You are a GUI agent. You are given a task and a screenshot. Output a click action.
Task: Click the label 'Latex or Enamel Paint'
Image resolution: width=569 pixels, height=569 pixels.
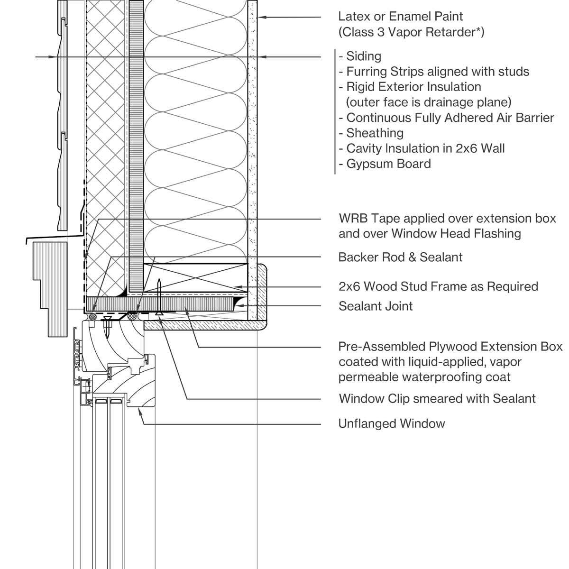[401, 17]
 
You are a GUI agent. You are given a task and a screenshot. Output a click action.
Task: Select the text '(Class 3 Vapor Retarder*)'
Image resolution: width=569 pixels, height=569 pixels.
[411, 32]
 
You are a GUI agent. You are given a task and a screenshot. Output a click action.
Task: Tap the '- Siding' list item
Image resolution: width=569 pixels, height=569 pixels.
[360, 56]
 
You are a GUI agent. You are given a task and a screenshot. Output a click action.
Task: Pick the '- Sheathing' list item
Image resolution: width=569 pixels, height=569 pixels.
[372, 133]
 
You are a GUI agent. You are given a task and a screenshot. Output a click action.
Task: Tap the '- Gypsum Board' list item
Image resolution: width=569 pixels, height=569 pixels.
[385, 164]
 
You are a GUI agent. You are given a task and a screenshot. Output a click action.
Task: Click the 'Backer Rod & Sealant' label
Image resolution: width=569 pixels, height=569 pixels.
[400, 257]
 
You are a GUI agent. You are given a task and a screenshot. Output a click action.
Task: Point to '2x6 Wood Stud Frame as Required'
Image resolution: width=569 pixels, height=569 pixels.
[438, 287]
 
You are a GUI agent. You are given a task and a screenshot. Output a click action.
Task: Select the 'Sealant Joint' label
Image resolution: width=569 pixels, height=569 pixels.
[376, 306]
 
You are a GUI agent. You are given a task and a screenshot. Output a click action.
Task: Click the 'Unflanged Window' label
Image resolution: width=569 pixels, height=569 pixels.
[392, 424]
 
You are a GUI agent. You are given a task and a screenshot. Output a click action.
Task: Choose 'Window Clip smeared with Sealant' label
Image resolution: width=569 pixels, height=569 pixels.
[437, 399]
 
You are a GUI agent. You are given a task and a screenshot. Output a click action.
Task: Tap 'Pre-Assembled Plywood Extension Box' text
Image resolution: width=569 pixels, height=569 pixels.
[450, 347]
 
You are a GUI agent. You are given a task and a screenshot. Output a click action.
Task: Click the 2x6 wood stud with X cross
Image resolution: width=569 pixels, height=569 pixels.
[195, 277]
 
